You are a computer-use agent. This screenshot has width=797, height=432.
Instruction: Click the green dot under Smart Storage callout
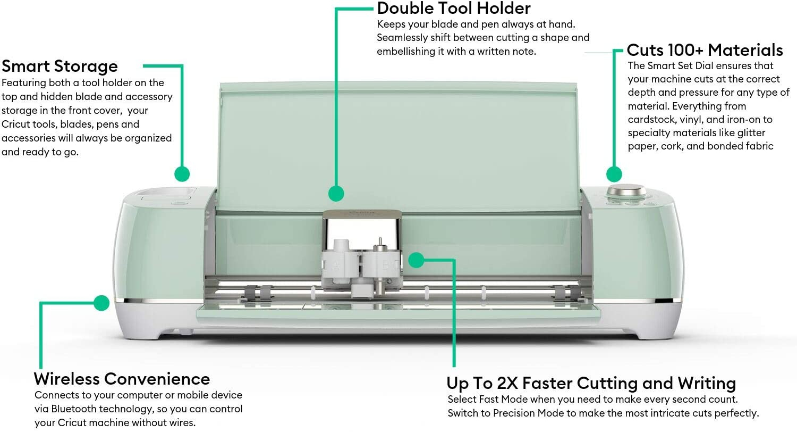pos(182,174)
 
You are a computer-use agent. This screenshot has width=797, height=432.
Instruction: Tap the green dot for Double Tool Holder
pos(336,193)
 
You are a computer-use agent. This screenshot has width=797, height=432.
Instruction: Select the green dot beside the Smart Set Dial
pos(614,174)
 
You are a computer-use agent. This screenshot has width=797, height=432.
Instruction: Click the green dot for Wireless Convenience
pos(101,303)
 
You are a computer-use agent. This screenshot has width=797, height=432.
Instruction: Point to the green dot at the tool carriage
pos(416,260)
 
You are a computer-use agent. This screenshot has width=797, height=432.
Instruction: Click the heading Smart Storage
pos(60,67)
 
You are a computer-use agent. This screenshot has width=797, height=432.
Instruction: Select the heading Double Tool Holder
pos(454,9)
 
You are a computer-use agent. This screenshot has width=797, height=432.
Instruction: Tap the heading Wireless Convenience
pos(122,379)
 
